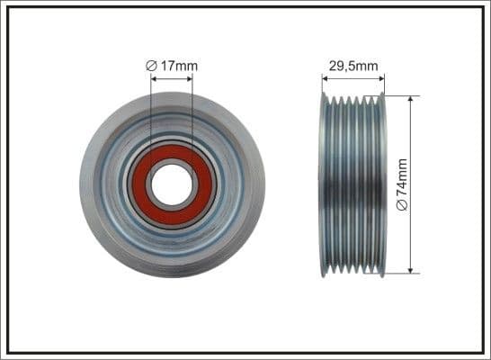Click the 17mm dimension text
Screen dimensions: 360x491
tap(181, 66)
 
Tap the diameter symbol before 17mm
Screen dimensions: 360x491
tap(154, 66)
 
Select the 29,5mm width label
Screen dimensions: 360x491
tap(353, 66)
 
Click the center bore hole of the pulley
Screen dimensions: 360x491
tap(171, 184)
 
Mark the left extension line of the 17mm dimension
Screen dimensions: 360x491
tap(151, 117)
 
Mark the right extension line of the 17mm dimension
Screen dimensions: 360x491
tap(192, 117)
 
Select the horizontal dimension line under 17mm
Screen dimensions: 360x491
tap(171, 78)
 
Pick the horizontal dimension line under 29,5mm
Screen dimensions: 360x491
tap(353, 78)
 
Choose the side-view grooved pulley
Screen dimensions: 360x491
tap(353, 184)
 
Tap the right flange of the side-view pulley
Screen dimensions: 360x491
tap(382, 184)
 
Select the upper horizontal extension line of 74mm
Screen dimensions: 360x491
tap(400, 95)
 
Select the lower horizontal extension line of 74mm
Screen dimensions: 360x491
tap(400, 273)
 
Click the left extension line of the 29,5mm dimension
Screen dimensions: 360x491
tap(322, 85)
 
